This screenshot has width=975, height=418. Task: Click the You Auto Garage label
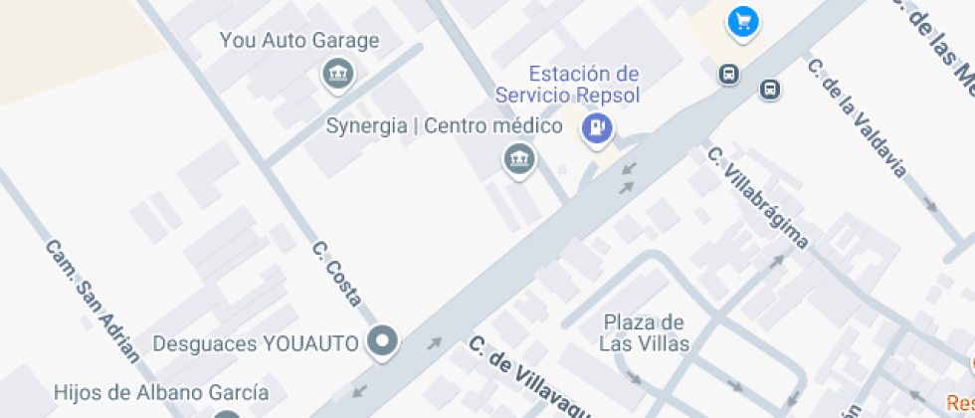pos(299,41)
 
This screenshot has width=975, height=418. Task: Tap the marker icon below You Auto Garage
pos(338,73)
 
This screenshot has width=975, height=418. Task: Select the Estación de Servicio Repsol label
pos(568,85)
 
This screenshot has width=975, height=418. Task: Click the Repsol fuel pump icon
pos(597,126)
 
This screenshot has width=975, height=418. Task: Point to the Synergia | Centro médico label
pos(445,126)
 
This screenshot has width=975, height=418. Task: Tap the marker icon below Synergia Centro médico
pos(518,157)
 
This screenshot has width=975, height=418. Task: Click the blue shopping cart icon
pos(742,21)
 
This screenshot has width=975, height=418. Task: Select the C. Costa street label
pos(336,273)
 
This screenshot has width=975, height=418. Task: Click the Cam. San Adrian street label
pos(93,300)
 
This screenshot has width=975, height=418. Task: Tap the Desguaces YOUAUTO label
pos(255,343)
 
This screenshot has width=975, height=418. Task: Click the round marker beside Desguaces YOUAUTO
pos(382,342)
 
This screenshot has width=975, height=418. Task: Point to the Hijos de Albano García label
pos(161,392)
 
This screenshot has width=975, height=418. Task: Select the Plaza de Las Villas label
pos(643,333)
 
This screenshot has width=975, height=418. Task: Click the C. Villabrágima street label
pos(757,197)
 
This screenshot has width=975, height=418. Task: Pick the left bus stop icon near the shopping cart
pos(729,75)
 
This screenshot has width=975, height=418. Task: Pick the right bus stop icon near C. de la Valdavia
pos(769,90)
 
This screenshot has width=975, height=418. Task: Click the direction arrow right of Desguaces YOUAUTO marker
pos(434,344)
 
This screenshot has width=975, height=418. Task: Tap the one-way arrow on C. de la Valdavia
pos(930,204)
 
